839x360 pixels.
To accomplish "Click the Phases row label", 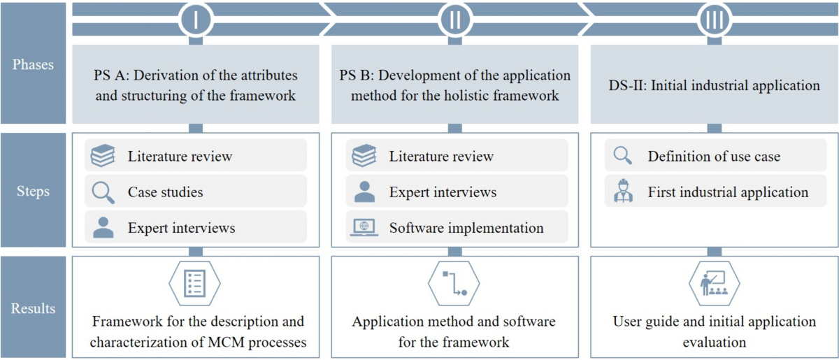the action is (34, 65).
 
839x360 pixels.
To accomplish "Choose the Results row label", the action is (34, 308).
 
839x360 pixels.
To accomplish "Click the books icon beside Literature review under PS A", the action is (103, 156).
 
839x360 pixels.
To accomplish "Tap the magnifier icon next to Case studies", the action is (103, 192).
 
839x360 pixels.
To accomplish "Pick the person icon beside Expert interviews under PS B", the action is (364, 192).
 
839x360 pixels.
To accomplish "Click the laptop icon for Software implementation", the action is (364, 227).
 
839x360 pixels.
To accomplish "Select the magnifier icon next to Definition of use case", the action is (622, 156).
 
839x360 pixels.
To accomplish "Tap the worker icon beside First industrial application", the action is (622, 192).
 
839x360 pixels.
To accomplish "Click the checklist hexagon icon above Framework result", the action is (195, 282).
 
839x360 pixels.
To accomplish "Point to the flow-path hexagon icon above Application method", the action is (454, 282).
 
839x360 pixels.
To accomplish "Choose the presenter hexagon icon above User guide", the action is (714, 282).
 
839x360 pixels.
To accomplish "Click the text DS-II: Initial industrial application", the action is (714, 86).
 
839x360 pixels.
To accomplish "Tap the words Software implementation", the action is (466, 228).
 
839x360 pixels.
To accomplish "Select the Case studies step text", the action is (165, 192).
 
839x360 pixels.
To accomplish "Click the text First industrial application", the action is (728, 192).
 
